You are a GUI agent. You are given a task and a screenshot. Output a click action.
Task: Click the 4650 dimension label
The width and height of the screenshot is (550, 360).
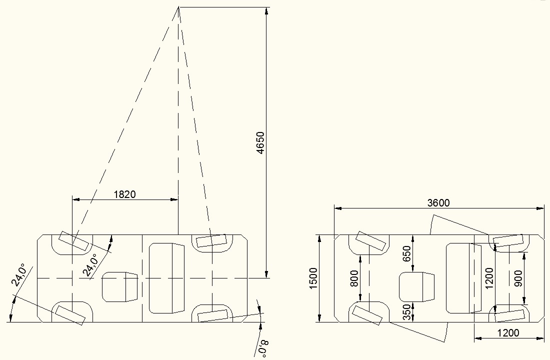tap(260, 143)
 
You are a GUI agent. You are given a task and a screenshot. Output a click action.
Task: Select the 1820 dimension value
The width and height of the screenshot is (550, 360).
tap(124, 194)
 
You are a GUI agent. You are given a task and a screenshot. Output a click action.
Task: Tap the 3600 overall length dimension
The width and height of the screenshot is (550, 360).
tap(438, 203)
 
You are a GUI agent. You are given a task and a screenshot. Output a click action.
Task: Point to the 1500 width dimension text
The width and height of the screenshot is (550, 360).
tap(313, 278)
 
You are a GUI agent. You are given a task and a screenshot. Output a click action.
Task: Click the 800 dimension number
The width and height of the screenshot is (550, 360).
tap(354, 278)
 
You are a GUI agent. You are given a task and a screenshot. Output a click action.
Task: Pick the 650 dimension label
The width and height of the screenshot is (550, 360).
tap(406, 253)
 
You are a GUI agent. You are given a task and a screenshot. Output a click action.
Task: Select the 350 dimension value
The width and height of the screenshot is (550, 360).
tap(406, 312)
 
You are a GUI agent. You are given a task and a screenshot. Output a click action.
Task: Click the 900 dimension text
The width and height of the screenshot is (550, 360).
tap(518, 278)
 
